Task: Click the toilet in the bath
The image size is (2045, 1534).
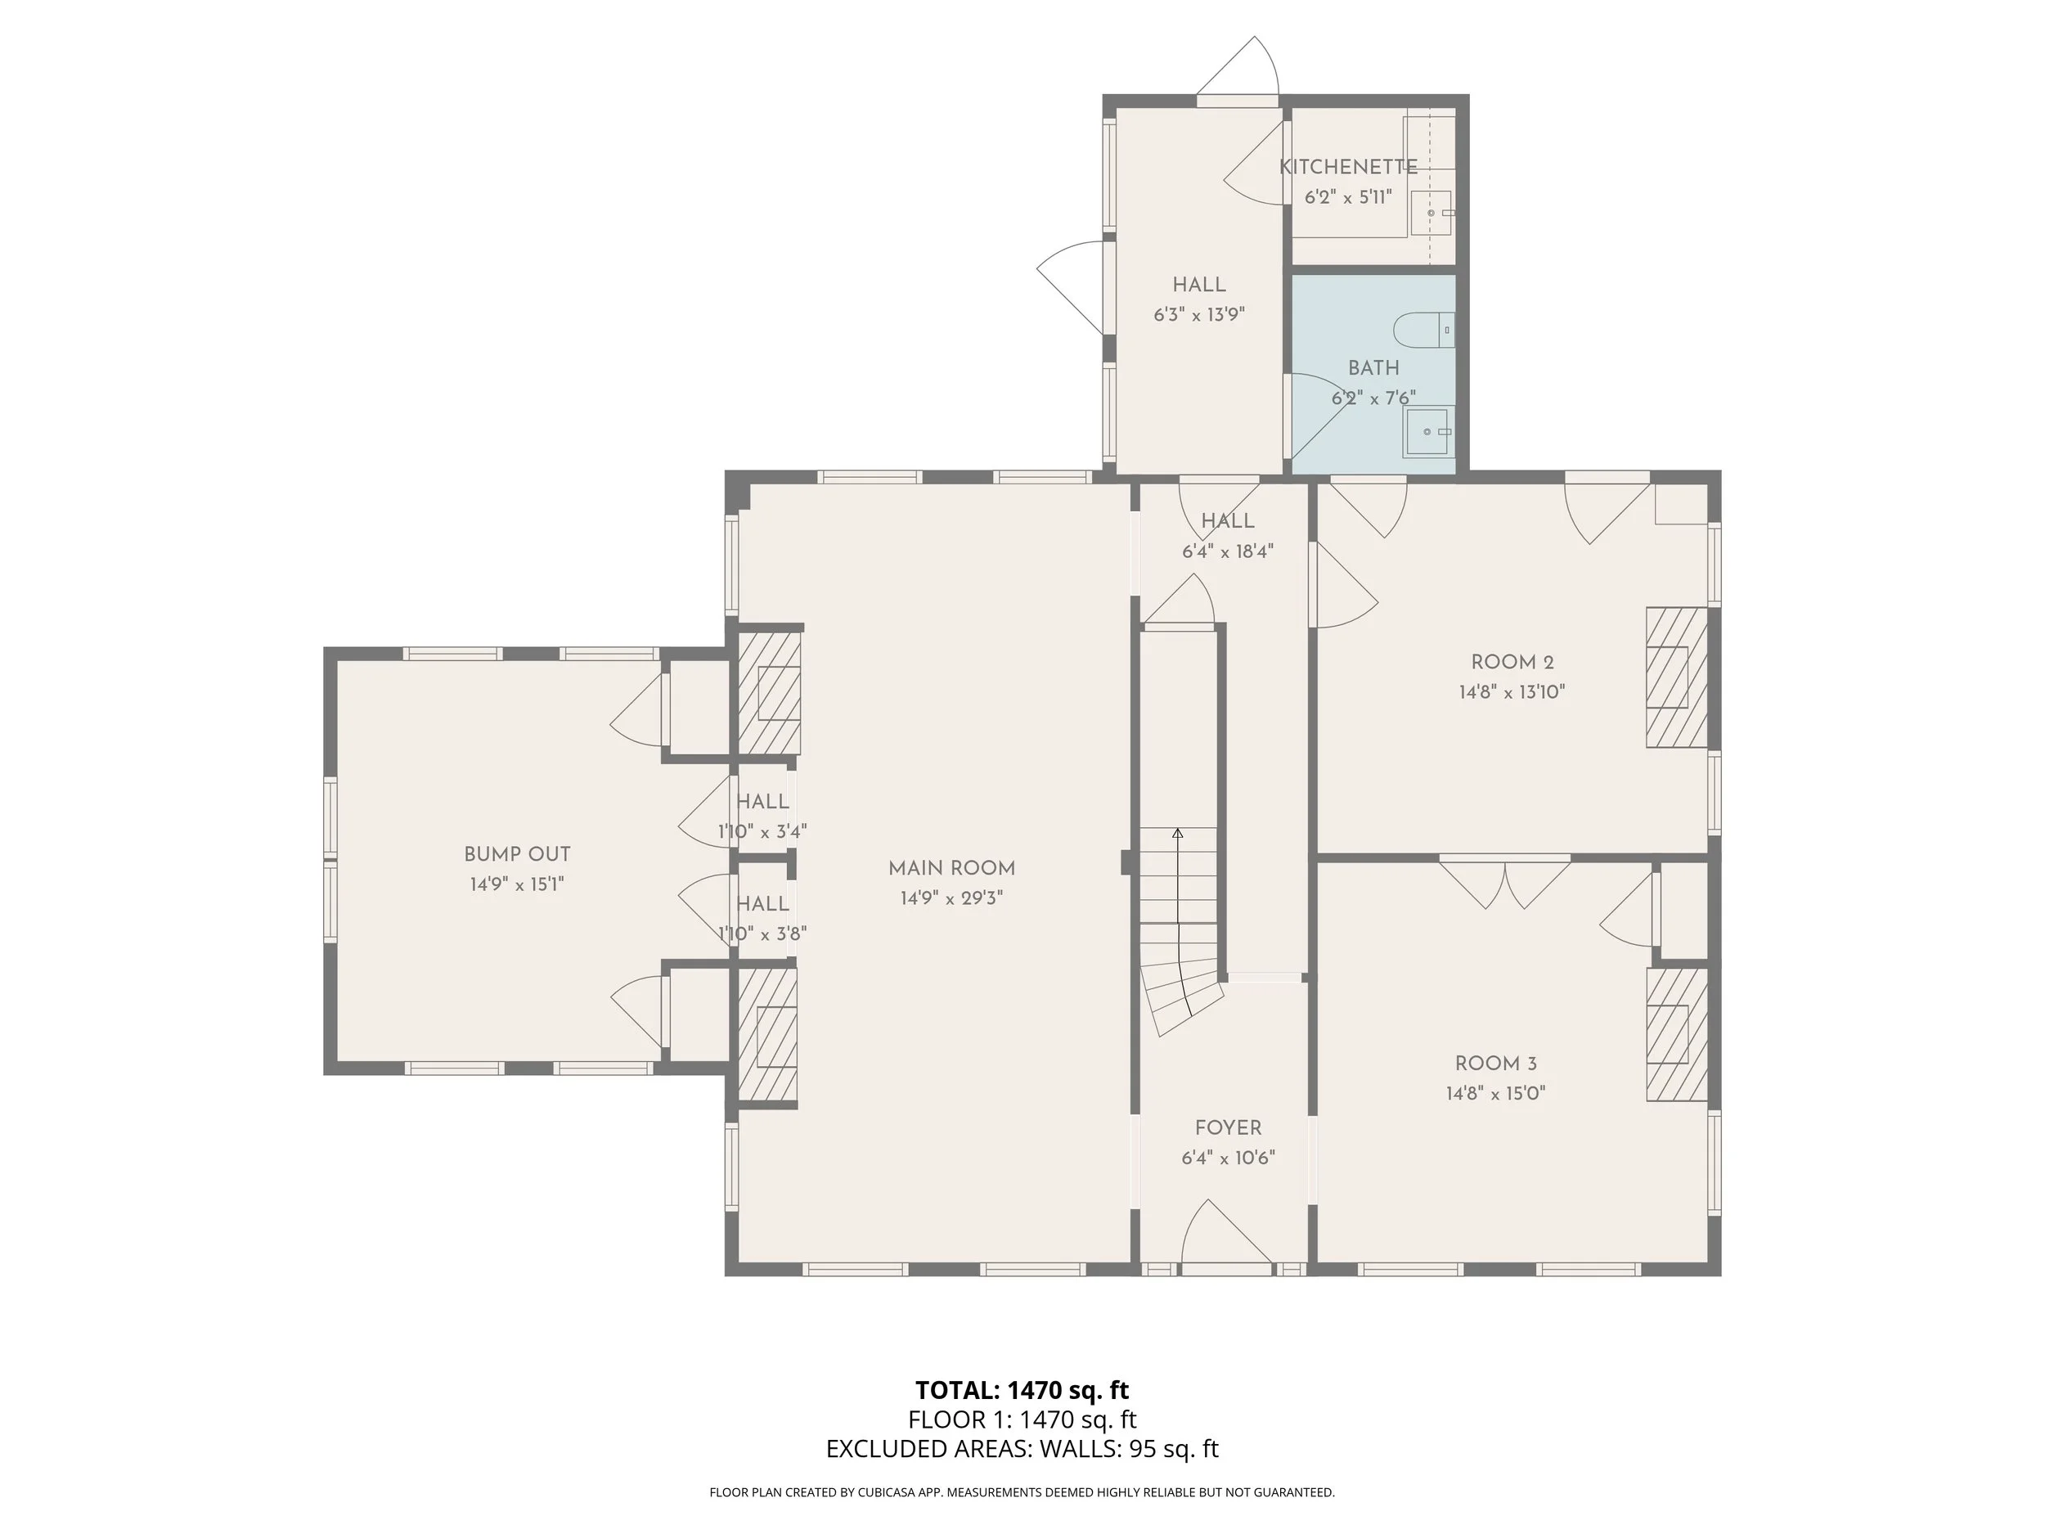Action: tap(1424, 330)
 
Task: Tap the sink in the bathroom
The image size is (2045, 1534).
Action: tap(1428, 432)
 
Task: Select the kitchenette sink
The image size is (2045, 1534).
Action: tap(1432, 213)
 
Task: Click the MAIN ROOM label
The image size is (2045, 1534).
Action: tap(951, 868)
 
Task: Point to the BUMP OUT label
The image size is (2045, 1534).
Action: tap(517, 854)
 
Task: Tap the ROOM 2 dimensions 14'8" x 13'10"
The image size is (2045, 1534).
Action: tap(1512, 691)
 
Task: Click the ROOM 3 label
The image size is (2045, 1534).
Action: tap(1496, 1064)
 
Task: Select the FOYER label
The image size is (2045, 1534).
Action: tap(1228, 1128)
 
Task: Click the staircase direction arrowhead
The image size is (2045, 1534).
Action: tap(1178, 833)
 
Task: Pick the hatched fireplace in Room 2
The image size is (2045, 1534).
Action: tap(1676, 677)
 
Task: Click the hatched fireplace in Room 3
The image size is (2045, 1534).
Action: tap(1676, 1035)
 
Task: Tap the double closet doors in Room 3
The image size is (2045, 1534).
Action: tap(1505, 883)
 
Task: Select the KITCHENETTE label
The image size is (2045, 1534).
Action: tap(1348, 168)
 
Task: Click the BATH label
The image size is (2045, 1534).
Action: tap(1373, 368)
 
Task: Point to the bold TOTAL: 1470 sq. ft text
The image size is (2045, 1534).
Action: tap(1022, 1390)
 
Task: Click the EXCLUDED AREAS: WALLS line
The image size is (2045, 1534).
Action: tap(1022, 1449)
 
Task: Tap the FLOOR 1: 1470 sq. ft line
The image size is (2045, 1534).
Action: tap(1022, 1419)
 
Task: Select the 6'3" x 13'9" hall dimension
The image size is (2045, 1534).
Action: tap(1199, 314)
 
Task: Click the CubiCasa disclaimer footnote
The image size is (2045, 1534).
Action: tap(1022, 1492)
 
